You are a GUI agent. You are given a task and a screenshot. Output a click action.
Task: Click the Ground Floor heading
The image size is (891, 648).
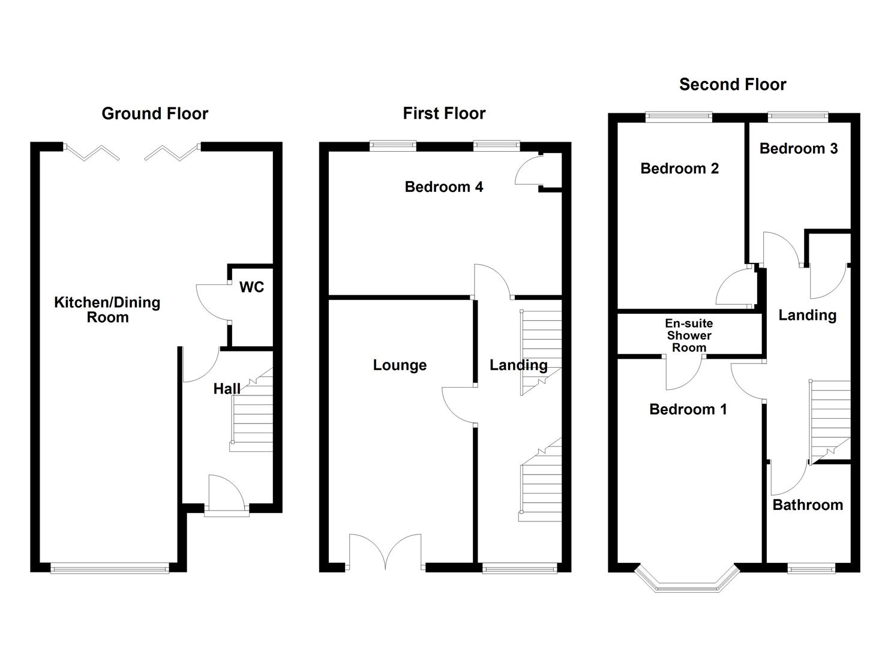pyautogui.click(x=155, y=113)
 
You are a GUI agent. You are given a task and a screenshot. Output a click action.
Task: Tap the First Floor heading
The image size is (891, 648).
pyautogui.click(x=444, y=113)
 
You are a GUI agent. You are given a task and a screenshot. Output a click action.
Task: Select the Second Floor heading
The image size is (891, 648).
pyautogui.click(x=733, y=85)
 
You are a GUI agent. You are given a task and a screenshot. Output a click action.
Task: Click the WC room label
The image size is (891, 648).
pyautogui.click(x=251, y=287)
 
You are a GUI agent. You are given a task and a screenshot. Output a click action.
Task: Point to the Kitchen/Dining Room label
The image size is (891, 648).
pyautogui.click(x=107, y=310)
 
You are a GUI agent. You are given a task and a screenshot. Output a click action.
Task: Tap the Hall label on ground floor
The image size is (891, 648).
pyautogui.click(x=227, y=389)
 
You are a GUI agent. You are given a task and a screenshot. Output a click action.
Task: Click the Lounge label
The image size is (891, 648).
pyautogui.click(x=400, y=365)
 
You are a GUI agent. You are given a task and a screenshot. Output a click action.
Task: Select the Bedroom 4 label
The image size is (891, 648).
pyautogui.click(x=443, y=187)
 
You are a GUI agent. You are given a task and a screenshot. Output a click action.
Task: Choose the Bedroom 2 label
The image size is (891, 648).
pyautogui.click(x=679, y=169)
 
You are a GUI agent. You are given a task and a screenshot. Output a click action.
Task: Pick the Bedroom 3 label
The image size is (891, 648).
pyautogui.click(x=798, y=148)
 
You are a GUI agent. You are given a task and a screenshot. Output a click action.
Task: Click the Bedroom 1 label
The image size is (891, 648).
pyautogui.click(x=688, y=409)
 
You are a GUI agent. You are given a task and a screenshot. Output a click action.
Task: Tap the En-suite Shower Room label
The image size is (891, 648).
pyautogui.click(x=689, y=335)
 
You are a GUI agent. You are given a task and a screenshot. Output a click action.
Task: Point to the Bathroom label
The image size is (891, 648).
pyautogui.click(x=808, y=505)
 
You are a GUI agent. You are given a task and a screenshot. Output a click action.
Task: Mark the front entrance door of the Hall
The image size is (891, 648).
pyautogui.click(x=226, y=495)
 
